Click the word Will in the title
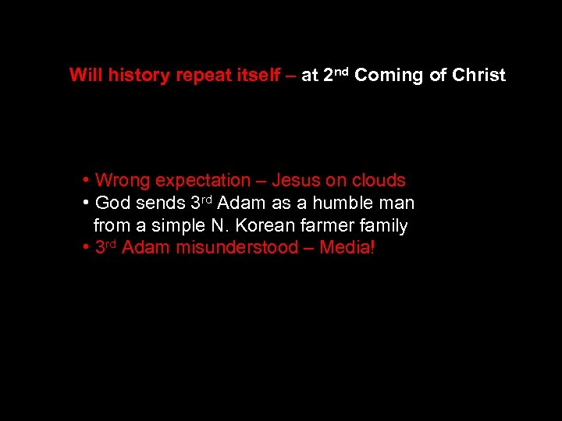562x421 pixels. pos(86,76)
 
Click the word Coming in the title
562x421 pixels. pos(388,76)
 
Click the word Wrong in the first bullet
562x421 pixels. pos(123,181)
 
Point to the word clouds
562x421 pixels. pos(377,181)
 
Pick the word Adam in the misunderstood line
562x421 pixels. pos(146,248)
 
